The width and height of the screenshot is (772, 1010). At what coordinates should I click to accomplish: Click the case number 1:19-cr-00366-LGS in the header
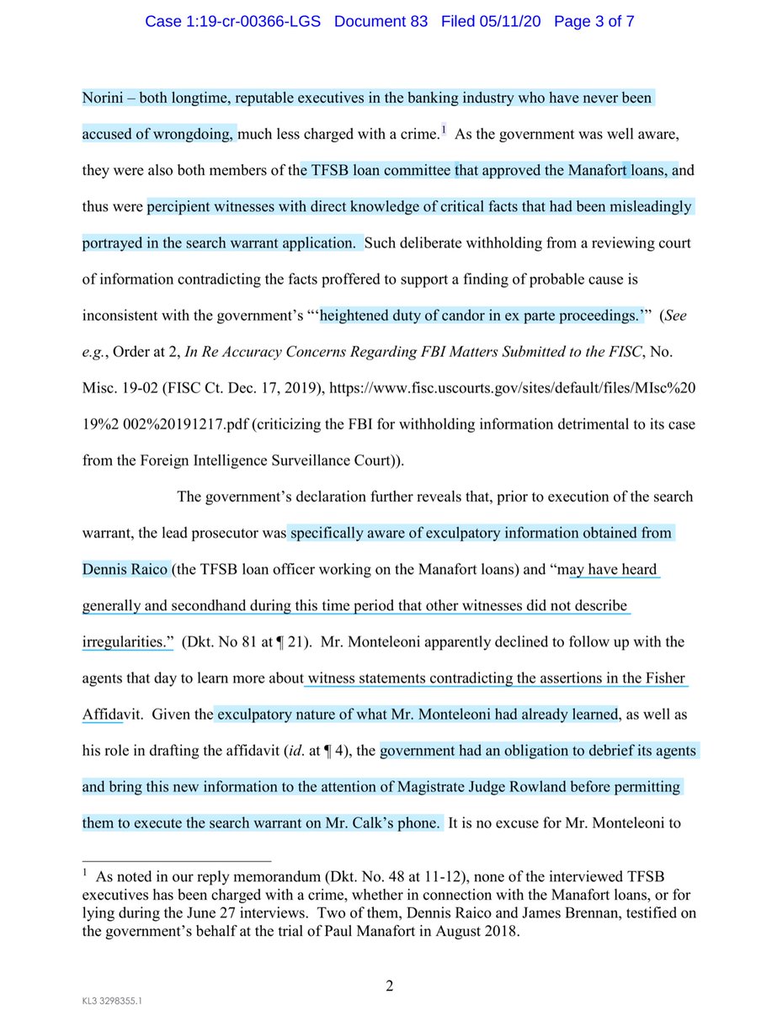pyautogui.click(x=233, y=21)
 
